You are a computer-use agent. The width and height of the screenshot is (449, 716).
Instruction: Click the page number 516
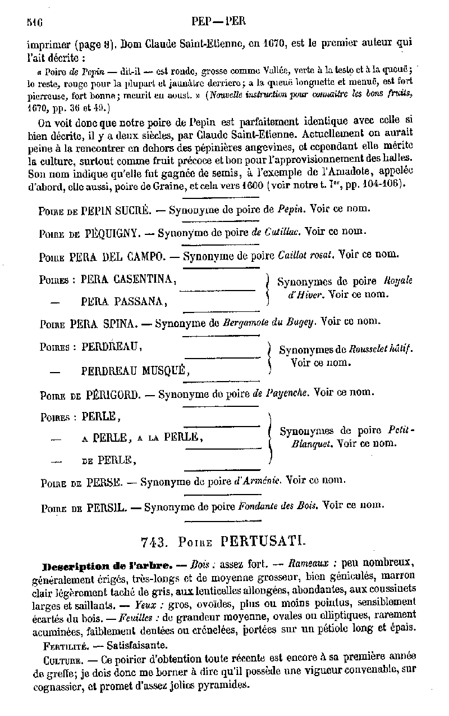click(x=35, y=22)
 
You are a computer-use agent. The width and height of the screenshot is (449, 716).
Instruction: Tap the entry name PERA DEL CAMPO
click(x=117, y=256)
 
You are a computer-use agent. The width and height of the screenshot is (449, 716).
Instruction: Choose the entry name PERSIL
click(x=106, y=507)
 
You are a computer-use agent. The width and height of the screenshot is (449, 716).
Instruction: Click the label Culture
click(x=61, y=659)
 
